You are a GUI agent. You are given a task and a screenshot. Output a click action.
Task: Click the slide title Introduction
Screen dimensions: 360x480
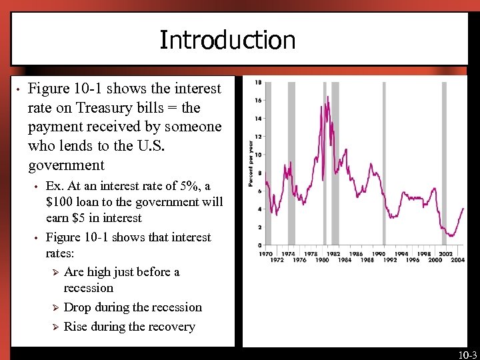(227, 40)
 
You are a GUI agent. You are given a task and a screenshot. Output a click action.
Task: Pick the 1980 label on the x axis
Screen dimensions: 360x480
(322, 260)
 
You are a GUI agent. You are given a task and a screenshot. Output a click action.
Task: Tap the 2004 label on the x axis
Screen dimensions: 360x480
(458, 260)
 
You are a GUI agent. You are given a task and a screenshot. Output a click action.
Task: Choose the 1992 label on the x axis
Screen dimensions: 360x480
(390, 260)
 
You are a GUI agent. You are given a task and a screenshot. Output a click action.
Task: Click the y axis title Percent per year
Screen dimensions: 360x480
(251, 163)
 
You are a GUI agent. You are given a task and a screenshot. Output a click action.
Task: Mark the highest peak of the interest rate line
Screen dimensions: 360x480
(328, 97)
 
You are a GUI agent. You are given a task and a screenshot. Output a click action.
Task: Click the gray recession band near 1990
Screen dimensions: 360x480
(384, 163)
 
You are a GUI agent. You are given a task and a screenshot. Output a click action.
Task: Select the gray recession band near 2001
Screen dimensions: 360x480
(444, 163)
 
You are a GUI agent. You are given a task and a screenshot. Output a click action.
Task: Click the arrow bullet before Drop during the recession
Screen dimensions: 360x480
(55, 307)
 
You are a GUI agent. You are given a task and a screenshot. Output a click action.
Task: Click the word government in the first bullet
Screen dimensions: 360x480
(66, 165)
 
